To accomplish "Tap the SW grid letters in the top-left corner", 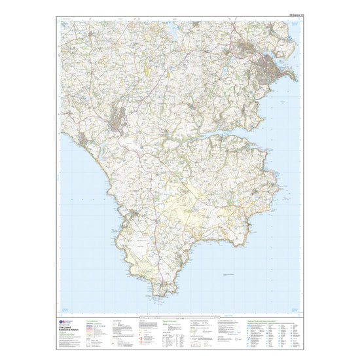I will pyautogui.click(x=65, y=24).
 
